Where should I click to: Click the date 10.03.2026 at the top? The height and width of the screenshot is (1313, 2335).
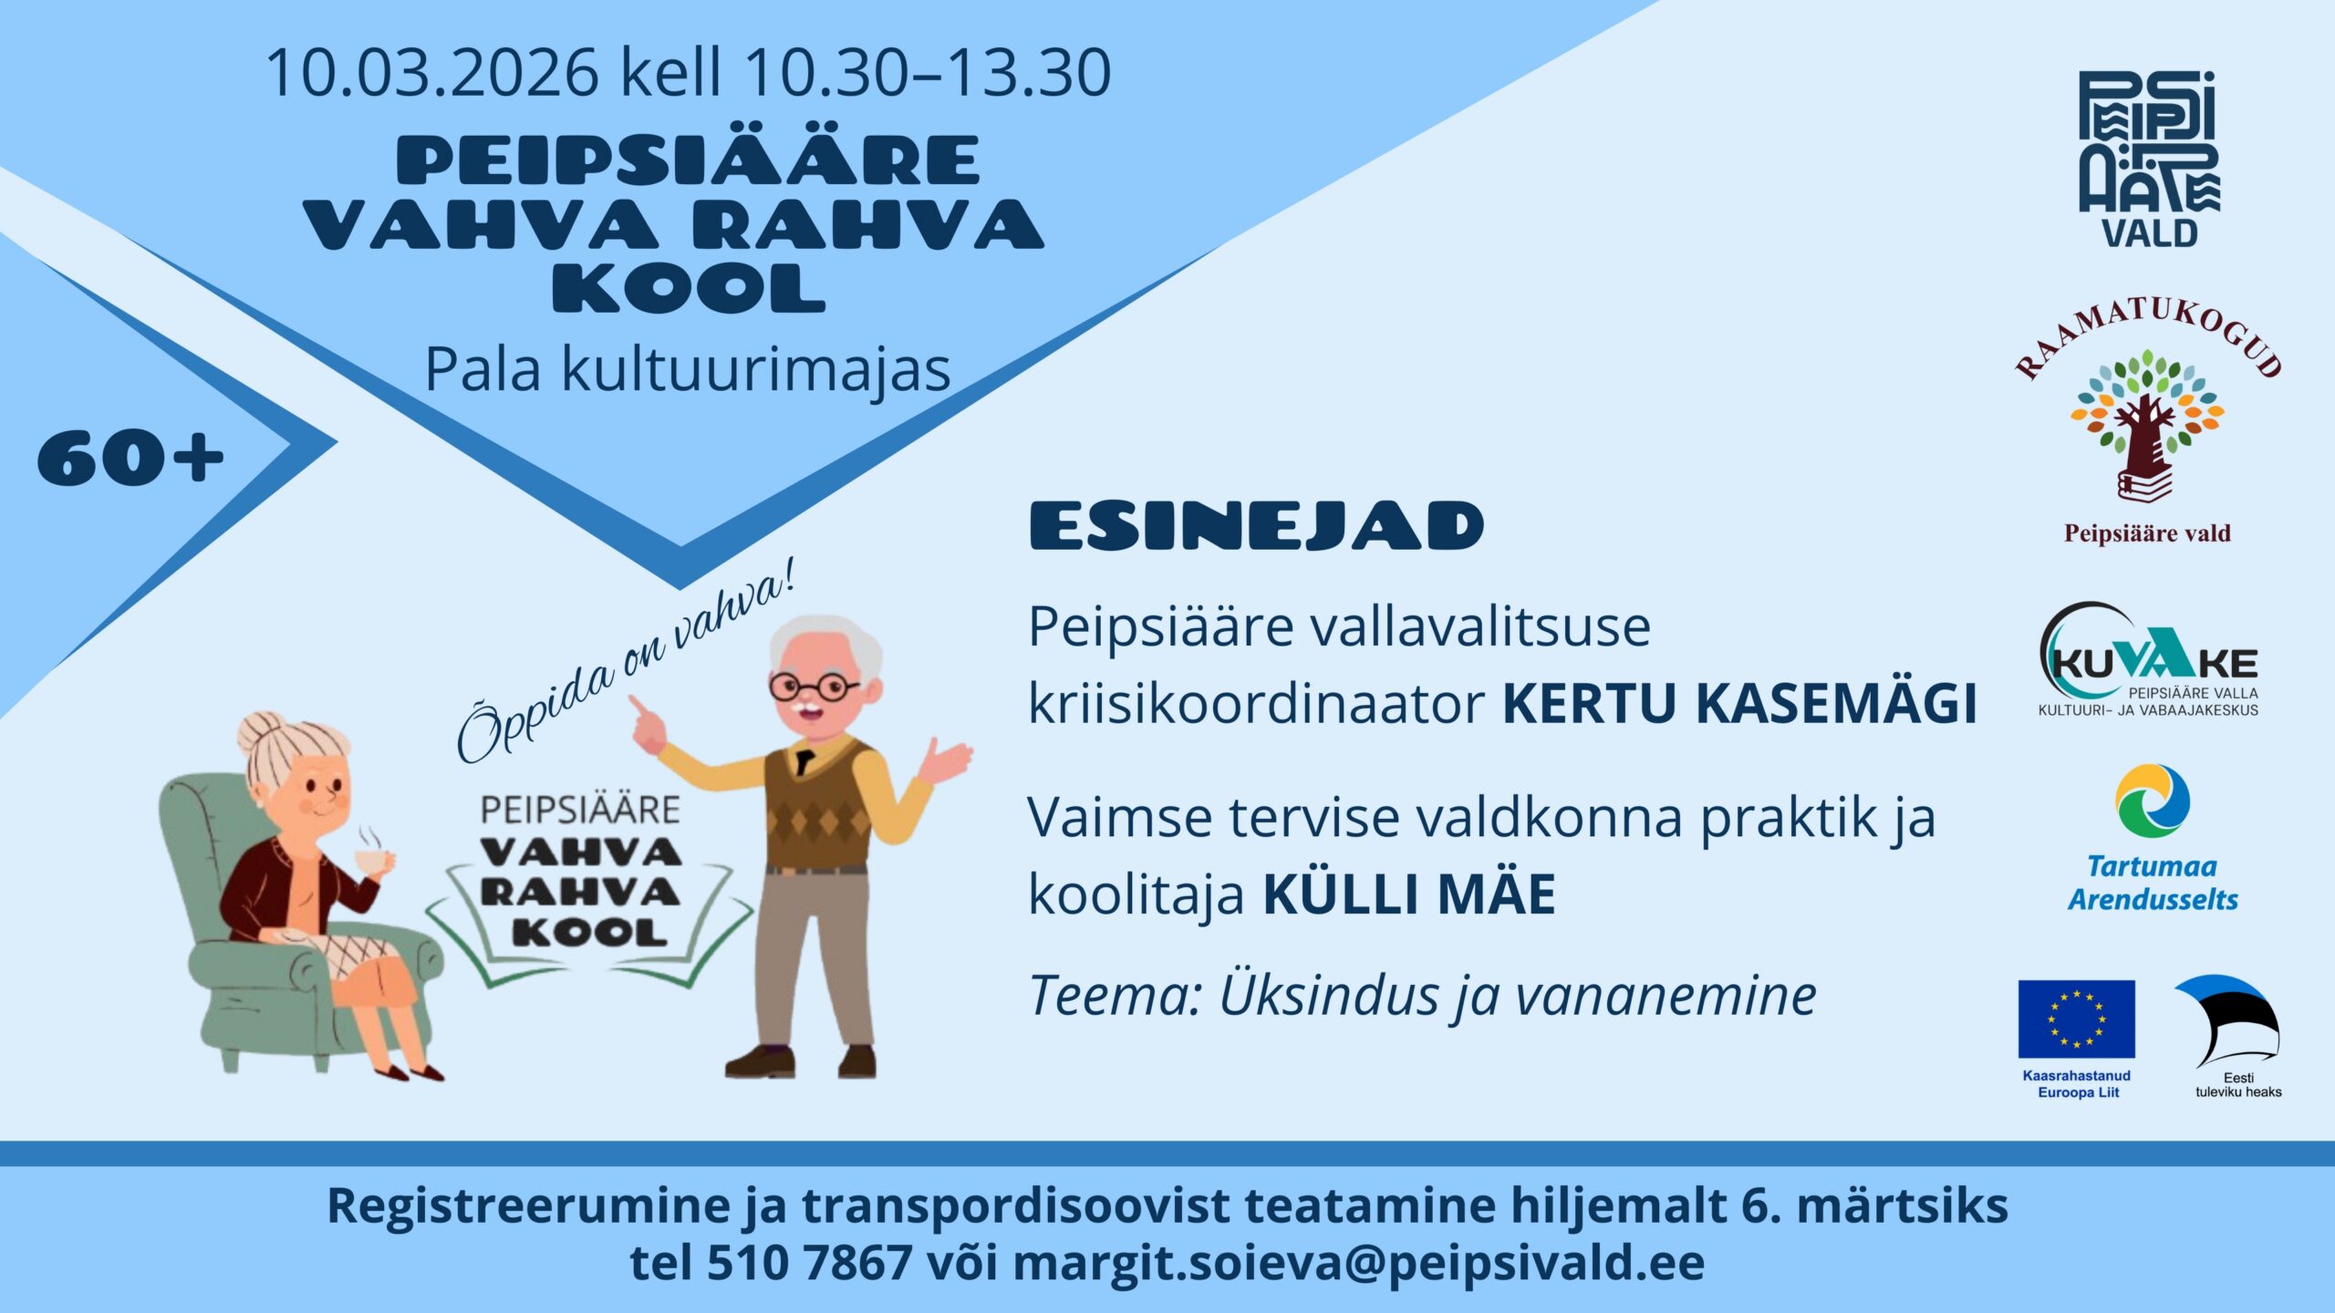click(x=432, y=72)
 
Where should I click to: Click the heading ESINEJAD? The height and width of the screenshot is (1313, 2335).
click(x=1257, y=526)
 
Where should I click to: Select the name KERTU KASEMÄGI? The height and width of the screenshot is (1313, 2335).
click(x=1739, y=703)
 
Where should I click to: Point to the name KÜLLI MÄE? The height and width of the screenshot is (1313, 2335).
click(x=1409, y=894)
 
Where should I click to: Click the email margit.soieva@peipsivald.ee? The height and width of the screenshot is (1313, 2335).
click(x=1358, y=1263)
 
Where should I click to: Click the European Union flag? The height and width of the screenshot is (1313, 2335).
click(x=2077, y=1019)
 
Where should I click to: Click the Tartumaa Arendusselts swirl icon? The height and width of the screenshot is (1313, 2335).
click(x=2153, y=801)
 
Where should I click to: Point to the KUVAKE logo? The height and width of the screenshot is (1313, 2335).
click(x=2148, y=659)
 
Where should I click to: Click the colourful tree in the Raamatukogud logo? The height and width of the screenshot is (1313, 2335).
click(x=2147, y=415)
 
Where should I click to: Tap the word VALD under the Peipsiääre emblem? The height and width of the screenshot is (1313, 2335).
click(x=2150, y=233)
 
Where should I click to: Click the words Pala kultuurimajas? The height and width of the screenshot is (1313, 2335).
click(x=688, y=370)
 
